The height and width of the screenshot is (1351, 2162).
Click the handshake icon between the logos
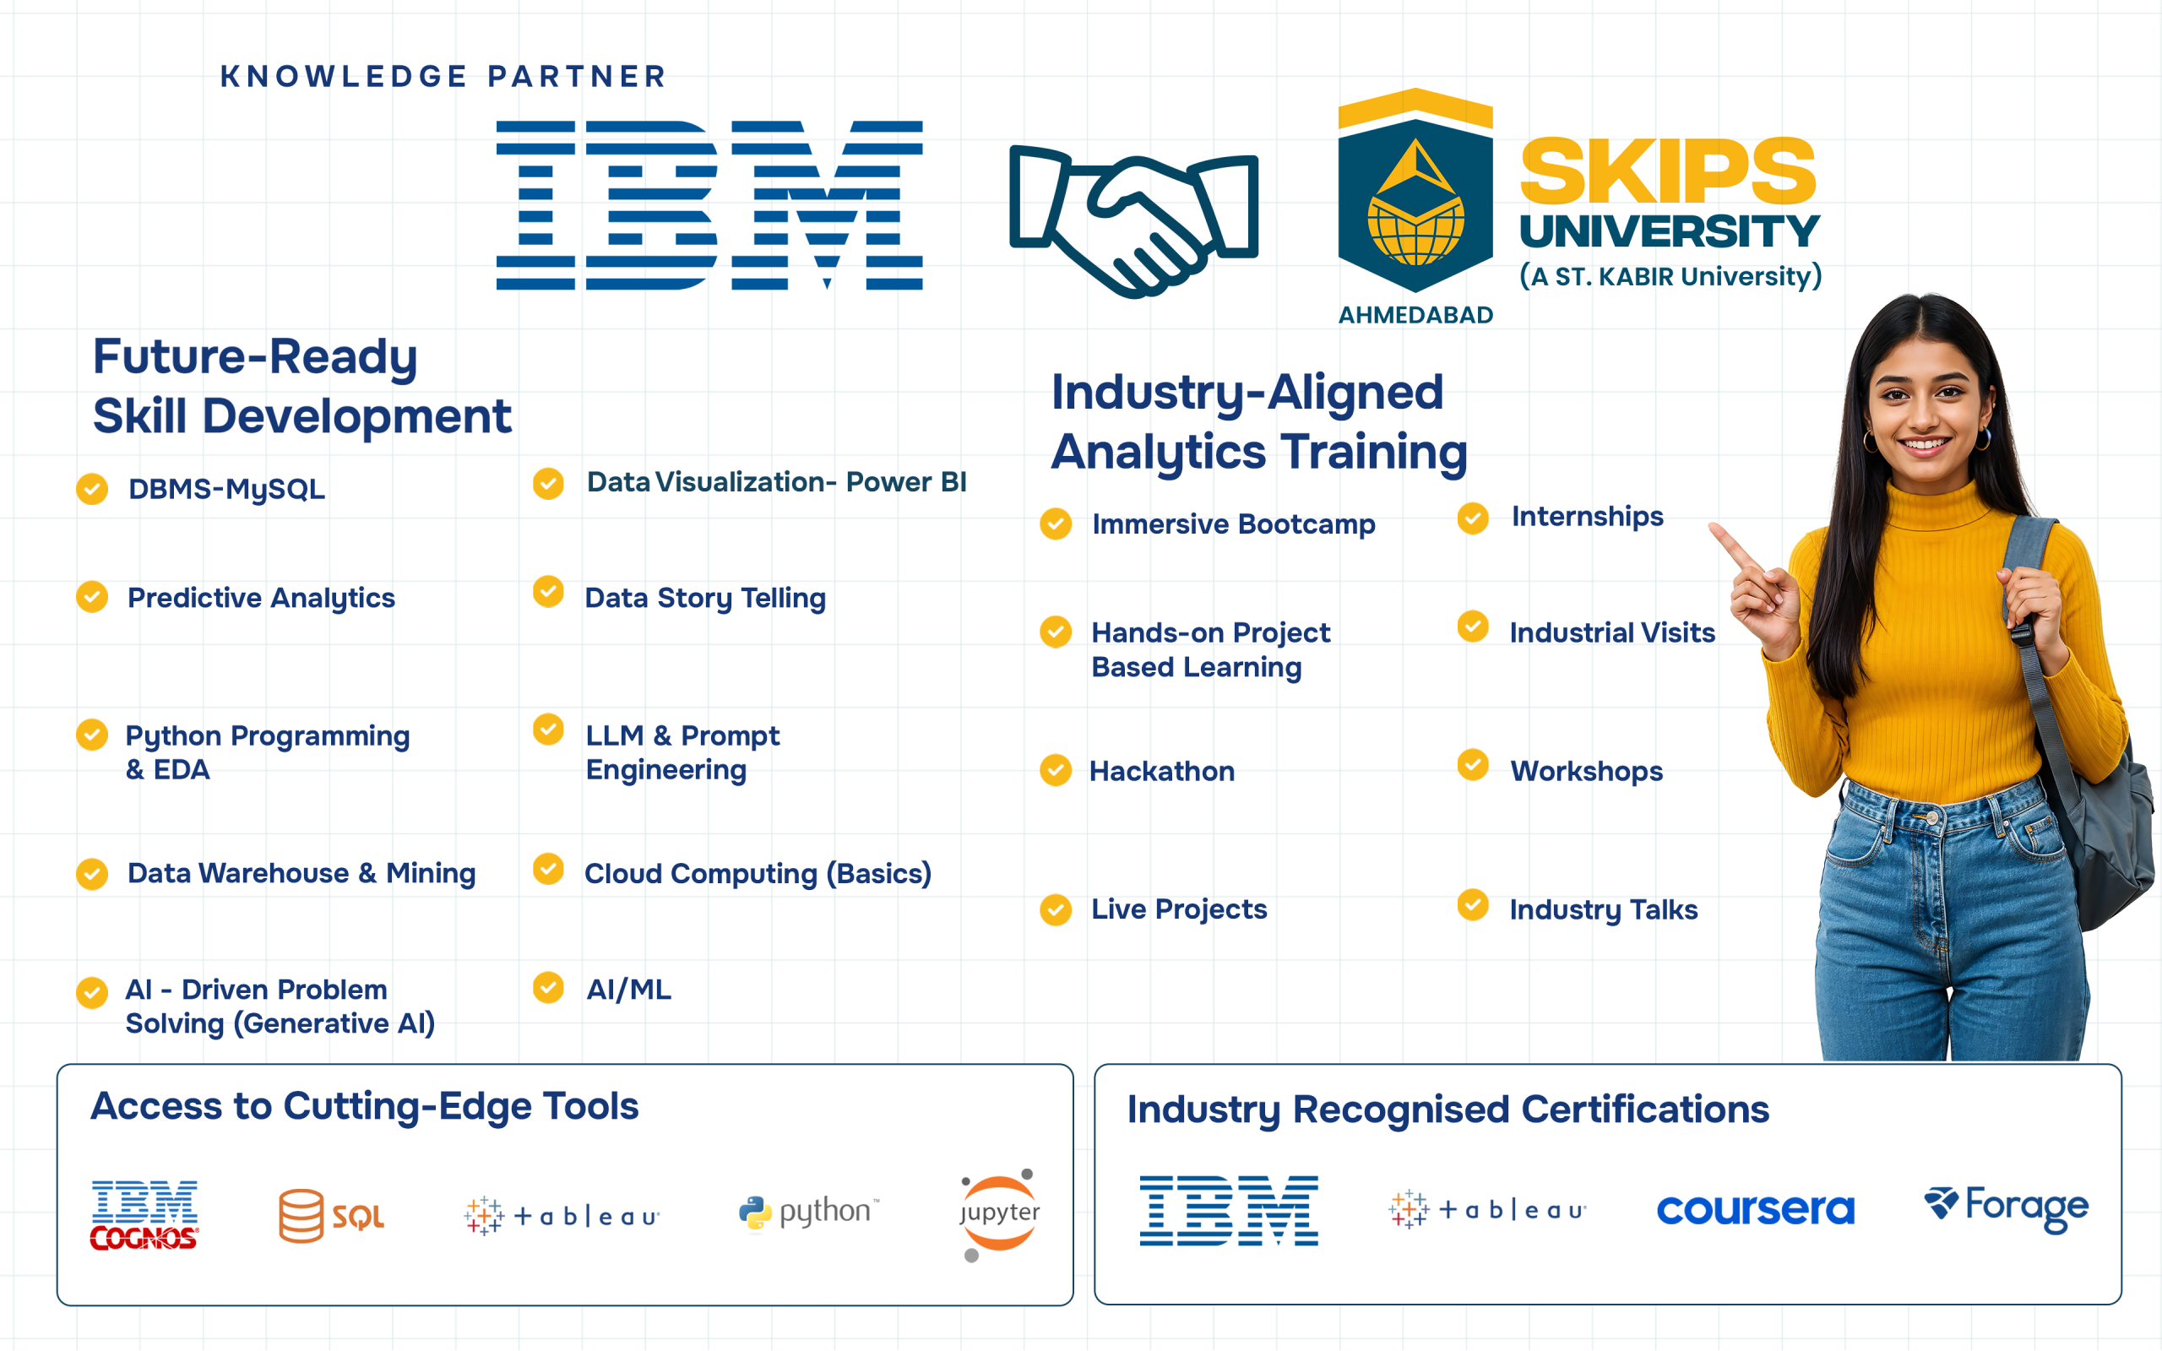(1133, 219)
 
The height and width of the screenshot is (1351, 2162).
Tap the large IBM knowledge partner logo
(709, 204)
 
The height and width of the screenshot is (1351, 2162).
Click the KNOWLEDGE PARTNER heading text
(443, 77)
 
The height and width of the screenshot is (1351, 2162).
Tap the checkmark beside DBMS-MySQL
(92, 490)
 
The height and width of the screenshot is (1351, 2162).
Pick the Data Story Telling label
(705, 598)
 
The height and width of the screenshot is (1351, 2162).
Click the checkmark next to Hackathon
(1055, 770)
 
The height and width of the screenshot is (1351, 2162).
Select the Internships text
(1587, 517)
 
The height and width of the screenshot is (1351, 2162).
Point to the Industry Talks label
(1603, 909)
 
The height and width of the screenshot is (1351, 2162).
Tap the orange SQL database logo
(330, 1215)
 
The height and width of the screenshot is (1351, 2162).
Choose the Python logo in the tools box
(808, 1213)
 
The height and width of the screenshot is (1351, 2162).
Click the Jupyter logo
(999, 1213)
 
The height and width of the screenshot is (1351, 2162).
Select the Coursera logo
(1755, 1210)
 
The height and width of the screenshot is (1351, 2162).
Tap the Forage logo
(2006, 1207)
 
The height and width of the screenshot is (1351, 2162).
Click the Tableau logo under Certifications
(1486, 1210)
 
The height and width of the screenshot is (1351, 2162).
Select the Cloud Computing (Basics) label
(758, 874)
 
